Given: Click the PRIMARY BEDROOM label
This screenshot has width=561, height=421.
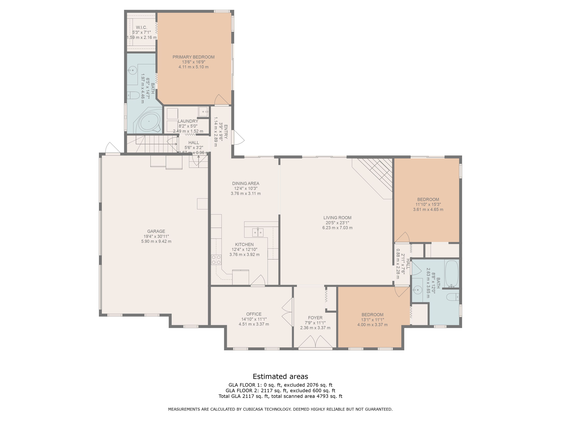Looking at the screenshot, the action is click(x=194, y=57).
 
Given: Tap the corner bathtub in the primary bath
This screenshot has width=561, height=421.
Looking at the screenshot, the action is click(x=150, y=122).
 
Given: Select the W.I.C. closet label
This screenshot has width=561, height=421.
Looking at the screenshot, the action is click(x=141, y=27).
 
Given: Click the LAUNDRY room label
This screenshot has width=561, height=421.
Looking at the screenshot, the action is click(x=188, y=121).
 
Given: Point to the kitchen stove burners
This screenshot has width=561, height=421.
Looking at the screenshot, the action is click(x=216, y=260).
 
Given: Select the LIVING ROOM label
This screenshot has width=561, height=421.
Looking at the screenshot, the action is click(x=337, y=218).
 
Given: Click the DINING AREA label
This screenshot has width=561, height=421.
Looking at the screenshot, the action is click(x=246, y=183).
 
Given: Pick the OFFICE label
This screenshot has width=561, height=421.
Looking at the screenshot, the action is click(x=254, y=314).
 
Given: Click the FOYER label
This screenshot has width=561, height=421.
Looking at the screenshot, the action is click(x=315, y=318).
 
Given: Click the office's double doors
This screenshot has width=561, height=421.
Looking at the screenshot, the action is click(x=288, y=312).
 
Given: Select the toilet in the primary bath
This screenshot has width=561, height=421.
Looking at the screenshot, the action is click(x=133, y=95).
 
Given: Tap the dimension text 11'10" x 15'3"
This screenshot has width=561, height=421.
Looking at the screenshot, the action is click(x=428, y=205).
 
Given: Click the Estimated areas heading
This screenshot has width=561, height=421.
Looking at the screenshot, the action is click(x=280, y=376).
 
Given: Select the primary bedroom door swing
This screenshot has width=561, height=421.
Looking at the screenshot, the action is click(x=221, y=100).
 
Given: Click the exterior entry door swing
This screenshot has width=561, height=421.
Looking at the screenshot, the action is click(x=238, y=138).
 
